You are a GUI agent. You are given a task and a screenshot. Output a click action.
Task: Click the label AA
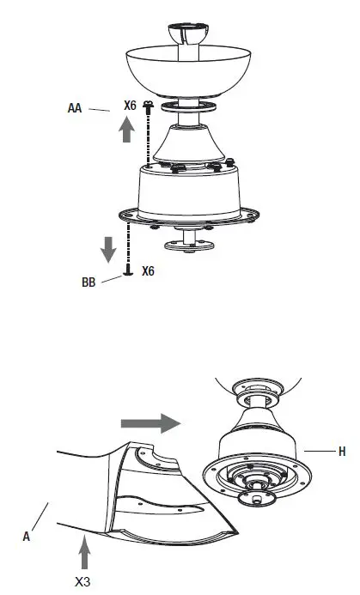(x=75, y=108)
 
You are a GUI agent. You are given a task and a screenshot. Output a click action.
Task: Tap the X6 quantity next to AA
(x=130, y=105)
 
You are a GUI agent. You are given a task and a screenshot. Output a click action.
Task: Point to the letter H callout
(x=342, y=451)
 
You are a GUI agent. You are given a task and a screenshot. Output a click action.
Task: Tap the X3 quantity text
(x=84, y=581)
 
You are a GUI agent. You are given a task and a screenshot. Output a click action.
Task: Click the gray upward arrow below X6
(x=125, y=130)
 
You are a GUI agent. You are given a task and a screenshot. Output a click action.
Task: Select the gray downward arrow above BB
(x=107, y=249)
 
